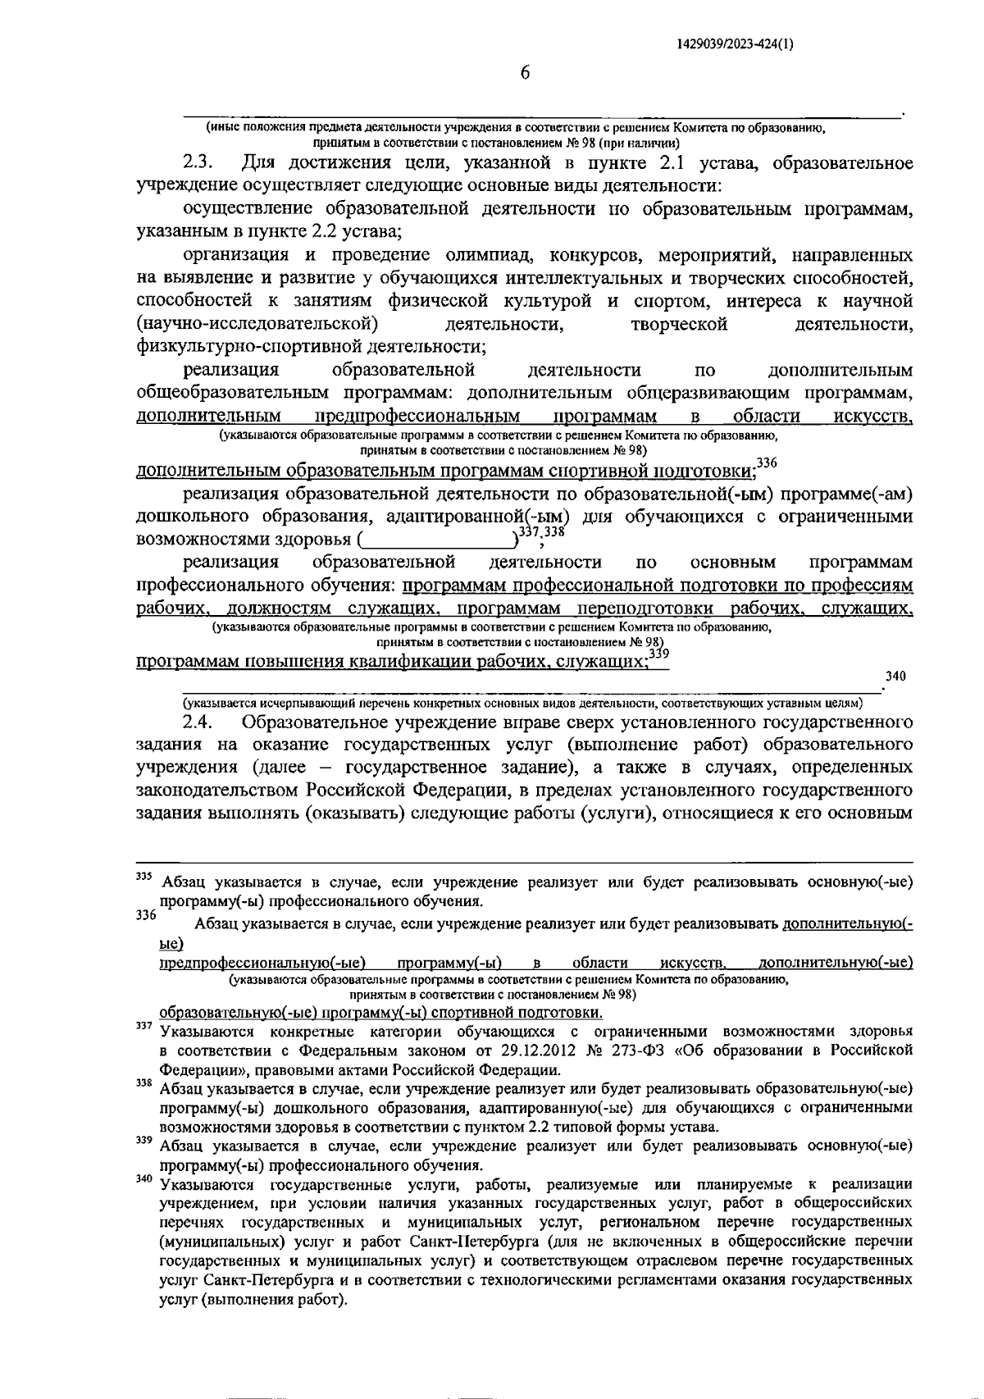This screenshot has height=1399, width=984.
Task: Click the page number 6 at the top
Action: coord(525,73)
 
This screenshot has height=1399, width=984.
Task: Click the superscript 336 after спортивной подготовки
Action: coord(766,463)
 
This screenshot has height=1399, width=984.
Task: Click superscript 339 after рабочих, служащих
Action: coord(658,654)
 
